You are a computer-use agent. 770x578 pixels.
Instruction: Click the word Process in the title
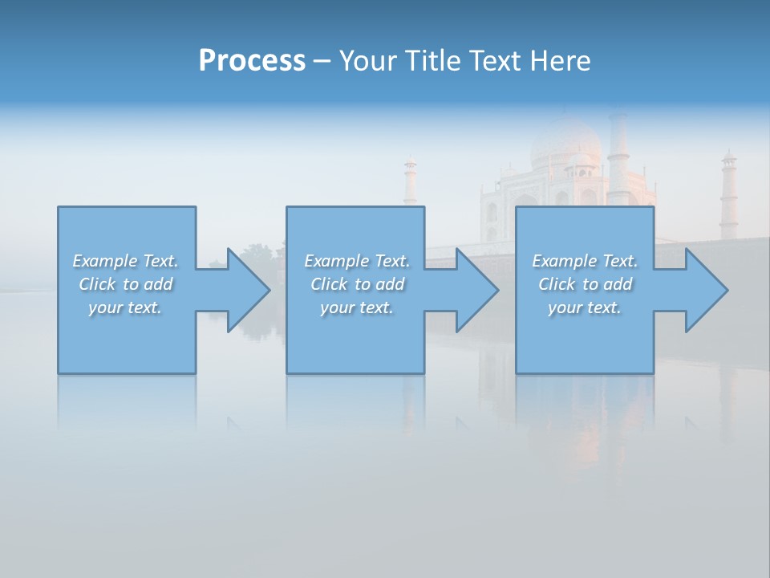pyautogui.click(x=252, y=61)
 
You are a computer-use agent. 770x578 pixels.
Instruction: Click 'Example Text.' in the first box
pyautogui.click(x=125, y=261)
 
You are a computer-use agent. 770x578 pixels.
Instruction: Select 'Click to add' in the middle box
pyautogui.click(x=357, y=284)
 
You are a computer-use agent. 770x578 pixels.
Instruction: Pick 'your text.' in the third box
pyautogui.click(x=584, y=307)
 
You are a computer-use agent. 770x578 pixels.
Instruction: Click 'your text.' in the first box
pyautogui.click(x=125, y=307)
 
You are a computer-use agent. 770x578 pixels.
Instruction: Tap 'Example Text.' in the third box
pyautogui.click(x=584, y=261)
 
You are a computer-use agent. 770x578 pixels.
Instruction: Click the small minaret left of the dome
pyautogui.click(x=410, y=181)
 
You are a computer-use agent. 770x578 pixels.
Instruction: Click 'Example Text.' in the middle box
pyautogui.click(x=357, y=261)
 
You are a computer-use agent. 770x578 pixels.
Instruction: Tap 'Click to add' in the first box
pyautogui.click(x=125, y=284)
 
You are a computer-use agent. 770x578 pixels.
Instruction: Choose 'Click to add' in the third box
pyautogui.click(x=584, y=284)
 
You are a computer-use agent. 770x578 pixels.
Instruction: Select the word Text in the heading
pyautogui.click(x=494, y=61)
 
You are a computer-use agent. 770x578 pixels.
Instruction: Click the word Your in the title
pyautogui.click(x=368, y=61)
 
